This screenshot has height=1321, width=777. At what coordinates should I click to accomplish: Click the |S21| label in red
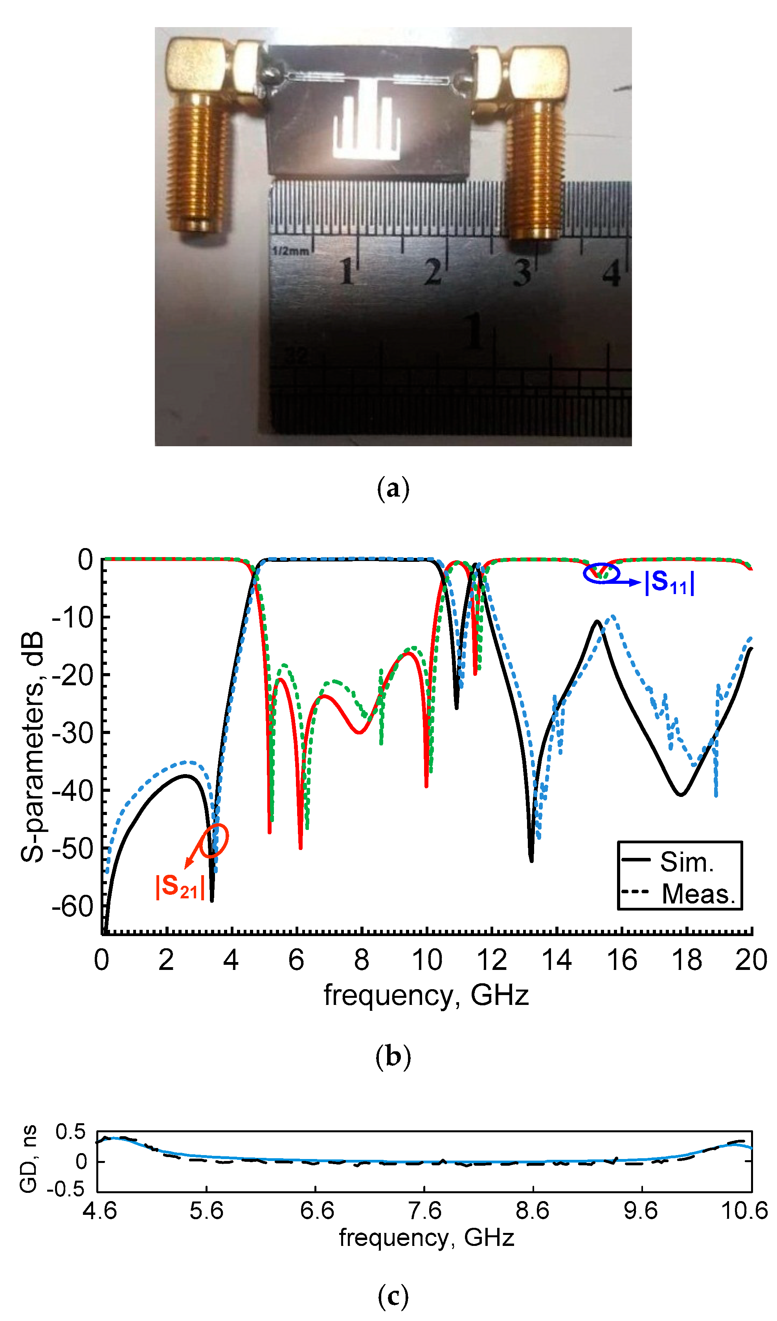pos(180,887)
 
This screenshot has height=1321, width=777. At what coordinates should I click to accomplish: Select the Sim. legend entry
pos(686,862)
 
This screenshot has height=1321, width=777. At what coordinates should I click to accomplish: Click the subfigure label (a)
pos(393,488)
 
